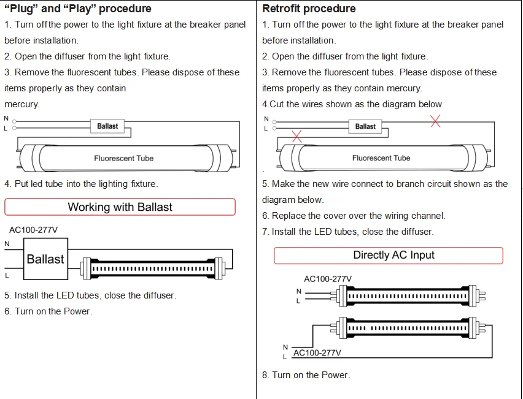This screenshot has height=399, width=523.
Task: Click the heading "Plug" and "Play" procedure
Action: (x=77, y=9)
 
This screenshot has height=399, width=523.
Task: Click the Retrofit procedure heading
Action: (x=309, y=9)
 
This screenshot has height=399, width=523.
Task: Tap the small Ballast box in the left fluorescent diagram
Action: (x=107, y=126)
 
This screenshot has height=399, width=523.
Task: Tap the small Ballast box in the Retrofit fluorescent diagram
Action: (x=365, y=126)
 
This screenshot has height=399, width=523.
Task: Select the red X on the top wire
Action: (x=435, y=121)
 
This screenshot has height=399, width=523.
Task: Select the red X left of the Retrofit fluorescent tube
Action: (x=297, y=136)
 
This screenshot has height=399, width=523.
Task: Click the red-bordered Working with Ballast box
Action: (x=120, y=207)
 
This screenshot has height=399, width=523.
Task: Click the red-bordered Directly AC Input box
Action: (x=388, y=255)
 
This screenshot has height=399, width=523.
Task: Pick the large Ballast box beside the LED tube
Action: (x=45, y=259)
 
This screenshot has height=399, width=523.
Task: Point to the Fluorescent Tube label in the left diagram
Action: (x=123, y=158)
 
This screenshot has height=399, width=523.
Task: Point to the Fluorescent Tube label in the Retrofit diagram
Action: (x=381, y=158)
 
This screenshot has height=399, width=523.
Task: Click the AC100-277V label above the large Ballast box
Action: (x=33, y=230)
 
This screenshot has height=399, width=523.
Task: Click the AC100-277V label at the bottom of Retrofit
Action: (x=317, y=353)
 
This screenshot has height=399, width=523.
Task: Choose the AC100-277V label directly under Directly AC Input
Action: (x=328, y=279)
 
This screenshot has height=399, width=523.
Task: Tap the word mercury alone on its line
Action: (x=21, y=104)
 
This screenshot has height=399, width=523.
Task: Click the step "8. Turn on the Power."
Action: (x=306, y=375)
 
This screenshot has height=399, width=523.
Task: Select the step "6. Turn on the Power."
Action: (x=48, y=311)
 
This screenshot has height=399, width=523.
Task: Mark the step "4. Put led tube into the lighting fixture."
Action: (x=81, y=184)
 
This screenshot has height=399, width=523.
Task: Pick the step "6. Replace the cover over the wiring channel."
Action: (x=354, y=216)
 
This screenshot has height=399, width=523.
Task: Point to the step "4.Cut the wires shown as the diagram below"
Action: (x=352, y=104)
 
